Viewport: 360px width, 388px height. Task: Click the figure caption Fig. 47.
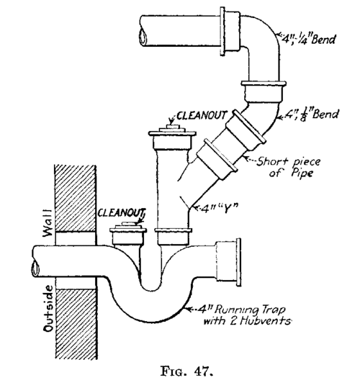tap(186, 371)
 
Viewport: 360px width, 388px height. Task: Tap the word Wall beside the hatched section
tap(47, 223)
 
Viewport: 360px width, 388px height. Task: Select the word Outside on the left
tap(48, 308)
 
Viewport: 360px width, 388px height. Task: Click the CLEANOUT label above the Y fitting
tap(201, 115)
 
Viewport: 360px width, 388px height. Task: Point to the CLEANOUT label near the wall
tap(121, 212)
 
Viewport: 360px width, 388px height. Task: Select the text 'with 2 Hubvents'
tap(247, 321)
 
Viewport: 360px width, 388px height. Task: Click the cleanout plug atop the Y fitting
tap(172, 130)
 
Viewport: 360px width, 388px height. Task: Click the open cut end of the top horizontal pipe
tap(143, 37)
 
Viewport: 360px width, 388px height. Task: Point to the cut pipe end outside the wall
tap(35, 269)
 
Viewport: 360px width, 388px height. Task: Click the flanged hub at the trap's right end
tap(228, 262)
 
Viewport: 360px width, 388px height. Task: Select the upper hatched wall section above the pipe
tap(75, 198)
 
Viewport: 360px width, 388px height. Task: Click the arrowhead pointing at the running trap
tap(188, 310)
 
